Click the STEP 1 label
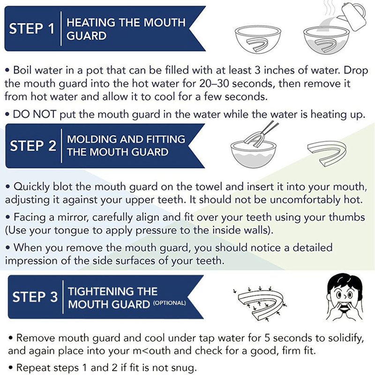(32, 28)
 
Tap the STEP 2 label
(33, 145)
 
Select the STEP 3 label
(35, 297)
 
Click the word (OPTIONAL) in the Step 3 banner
(169, 303)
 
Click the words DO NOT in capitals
(34, 114)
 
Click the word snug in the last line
(186, 368)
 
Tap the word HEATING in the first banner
(91, 22)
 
